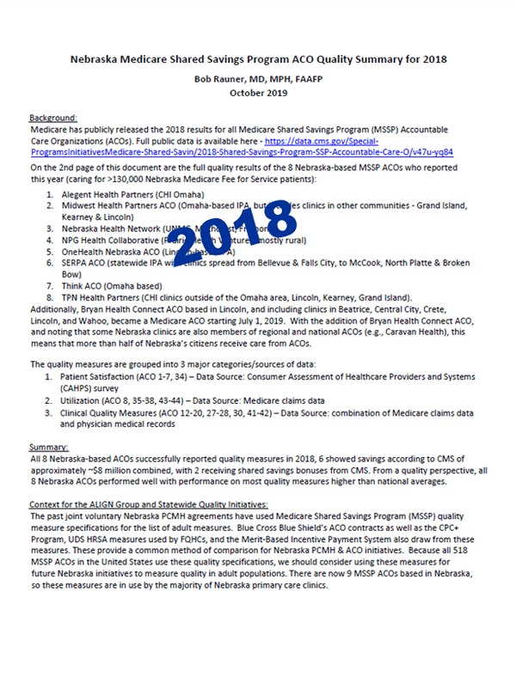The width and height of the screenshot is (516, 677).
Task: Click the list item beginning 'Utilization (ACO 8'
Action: tap(206, 400)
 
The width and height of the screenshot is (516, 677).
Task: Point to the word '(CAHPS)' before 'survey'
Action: tap(80, 388)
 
